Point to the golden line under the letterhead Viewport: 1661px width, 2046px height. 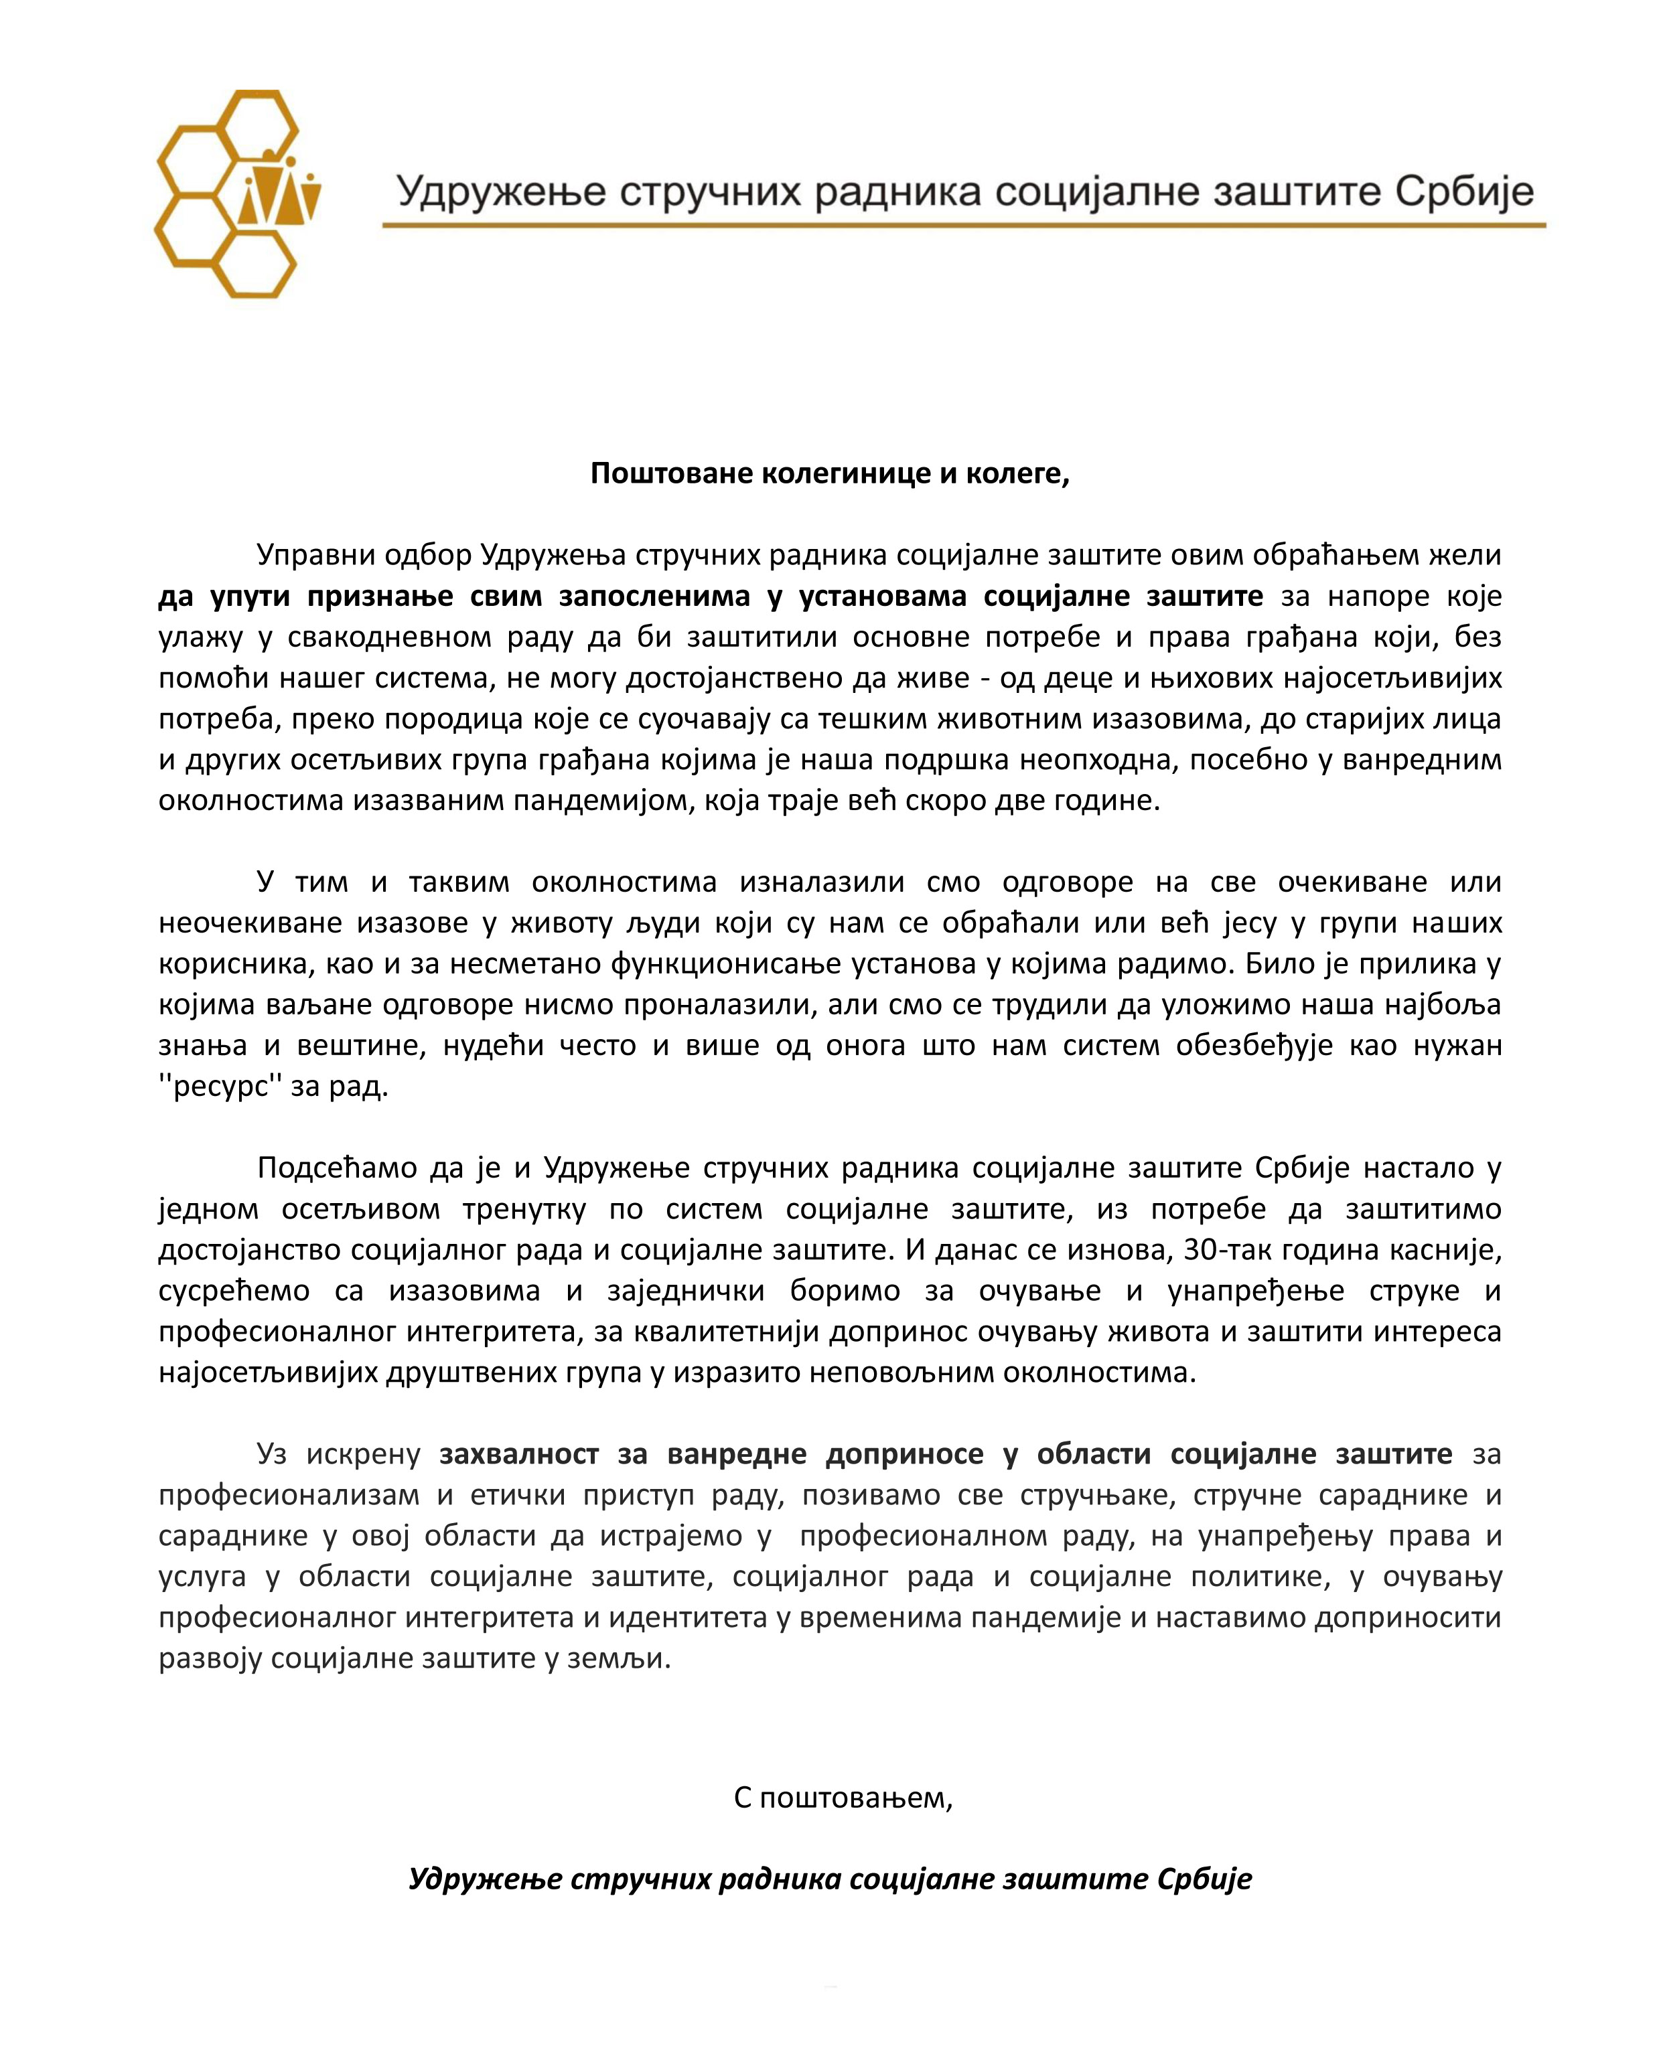click(964, 226)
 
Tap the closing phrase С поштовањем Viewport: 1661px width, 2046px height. click(843, 1798)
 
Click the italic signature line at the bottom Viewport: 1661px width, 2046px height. click(830, 1879)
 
